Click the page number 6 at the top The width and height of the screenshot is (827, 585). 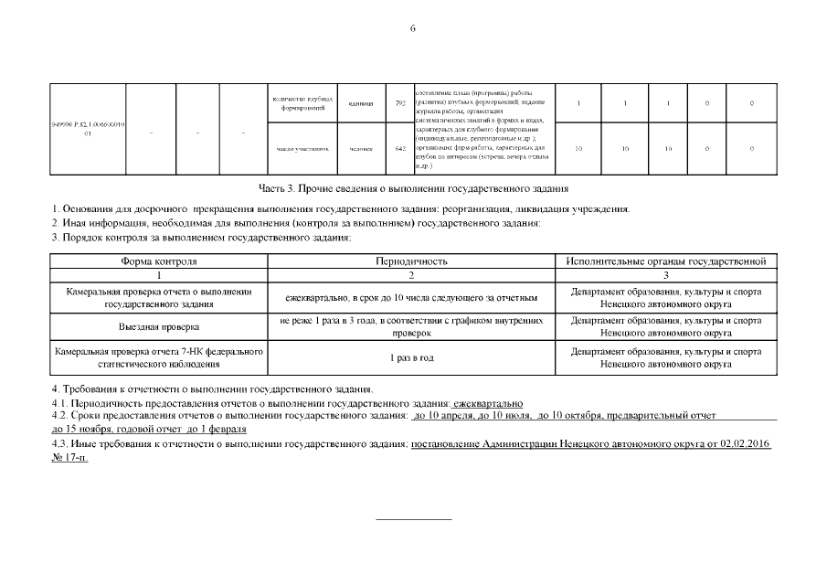click(x=413, y=28)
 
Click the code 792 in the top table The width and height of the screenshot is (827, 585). click(x=399, y=103)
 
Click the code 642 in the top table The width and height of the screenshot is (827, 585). click(x=399, y=148)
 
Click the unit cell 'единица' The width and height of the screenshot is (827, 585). click(x=361, y=103)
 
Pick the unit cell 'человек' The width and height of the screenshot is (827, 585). click(x=361, y=148)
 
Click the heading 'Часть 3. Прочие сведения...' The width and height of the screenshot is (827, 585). click(x=413, y=189)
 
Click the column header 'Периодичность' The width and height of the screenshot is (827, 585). click(x=411, y=261)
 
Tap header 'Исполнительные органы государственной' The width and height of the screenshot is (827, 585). click(x=665, y=261)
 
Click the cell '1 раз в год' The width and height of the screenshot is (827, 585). click(x=411, y=357)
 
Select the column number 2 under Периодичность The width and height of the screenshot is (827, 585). click(x=411, y=274)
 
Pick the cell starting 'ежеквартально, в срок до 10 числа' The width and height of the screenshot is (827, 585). click(x=411, y=298)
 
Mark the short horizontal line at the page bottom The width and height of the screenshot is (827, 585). click(x=414, y=519)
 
